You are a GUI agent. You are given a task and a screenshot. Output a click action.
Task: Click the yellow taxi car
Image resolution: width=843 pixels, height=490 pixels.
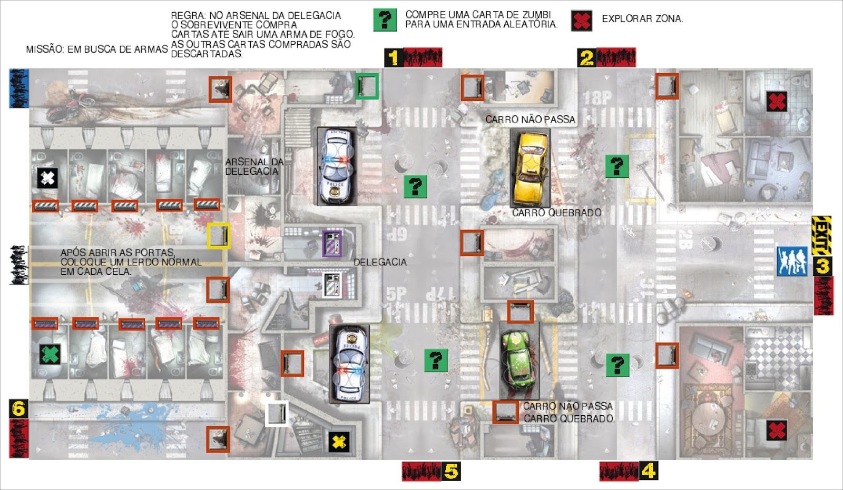(x=530, y=168)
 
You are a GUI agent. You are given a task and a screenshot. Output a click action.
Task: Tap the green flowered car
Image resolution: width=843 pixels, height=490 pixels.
(x=519, y=361)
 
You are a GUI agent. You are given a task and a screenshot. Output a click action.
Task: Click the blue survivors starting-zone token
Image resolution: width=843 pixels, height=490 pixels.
(x=792, y=262)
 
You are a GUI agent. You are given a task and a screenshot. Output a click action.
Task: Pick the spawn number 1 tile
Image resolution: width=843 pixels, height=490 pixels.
(x=394, y=57)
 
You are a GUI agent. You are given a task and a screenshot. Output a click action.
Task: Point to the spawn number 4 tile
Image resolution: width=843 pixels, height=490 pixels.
(x=648, y=471)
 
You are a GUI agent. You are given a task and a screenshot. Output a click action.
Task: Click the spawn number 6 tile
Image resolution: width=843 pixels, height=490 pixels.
(x=19, y=409)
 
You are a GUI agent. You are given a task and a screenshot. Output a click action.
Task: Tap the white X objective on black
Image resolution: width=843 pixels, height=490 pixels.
(x=47, y=178)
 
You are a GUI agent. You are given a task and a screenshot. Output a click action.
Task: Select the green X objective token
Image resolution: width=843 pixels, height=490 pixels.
(x=50, y=354)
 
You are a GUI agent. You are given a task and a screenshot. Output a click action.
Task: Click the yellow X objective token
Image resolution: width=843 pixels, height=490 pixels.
(x=339, y=442)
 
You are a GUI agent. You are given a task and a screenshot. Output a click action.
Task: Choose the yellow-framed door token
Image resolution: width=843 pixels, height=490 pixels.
(x=219, y=236)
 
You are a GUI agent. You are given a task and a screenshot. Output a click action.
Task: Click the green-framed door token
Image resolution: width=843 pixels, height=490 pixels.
(x=367, y=86)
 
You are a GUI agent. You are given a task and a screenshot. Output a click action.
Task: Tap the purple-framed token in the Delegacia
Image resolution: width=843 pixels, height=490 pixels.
(x=332, y=244)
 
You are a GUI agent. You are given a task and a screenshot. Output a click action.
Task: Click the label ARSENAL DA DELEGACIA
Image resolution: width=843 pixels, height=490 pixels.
(x=254, y=167)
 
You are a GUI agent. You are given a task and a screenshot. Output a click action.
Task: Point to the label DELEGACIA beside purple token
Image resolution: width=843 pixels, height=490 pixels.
(x=380, y=262)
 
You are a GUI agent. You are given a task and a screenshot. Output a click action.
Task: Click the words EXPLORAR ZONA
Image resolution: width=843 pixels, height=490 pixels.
(x=642, y=19)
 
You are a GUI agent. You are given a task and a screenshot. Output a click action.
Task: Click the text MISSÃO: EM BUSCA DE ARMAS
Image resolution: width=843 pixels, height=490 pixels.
(x=97, y=49)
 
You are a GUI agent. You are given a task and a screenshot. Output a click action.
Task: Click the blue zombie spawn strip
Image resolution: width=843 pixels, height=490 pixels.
(x=19, y=88)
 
